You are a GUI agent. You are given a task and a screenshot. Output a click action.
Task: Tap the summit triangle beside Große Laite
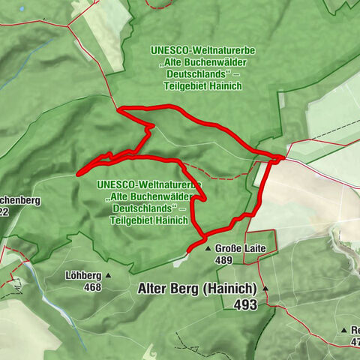point(208,247)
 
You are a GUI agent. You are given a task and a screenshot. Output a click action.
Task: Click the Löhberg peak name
point(82,274)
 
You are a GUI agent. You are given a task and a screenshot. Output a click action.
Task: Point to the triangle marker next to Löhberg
point(108,274)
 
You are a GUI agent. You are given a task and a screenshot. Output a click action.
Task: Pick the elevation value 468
point(92,287)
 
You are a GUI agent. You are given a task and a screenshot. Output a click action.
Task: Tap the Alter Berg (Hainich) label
point(197,289)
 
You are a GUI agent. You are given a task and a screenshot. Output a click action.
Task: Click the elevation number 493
point(244,304)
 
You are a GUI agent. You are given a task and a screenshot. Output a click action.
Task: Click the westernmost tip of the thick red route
point(77,175)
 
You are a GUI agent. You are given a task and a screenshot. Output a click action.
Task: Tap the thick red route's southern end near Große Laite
point(188,248)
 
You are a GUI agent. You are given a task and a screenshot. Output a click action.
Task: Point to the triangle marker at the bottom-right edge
point(344,330)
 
